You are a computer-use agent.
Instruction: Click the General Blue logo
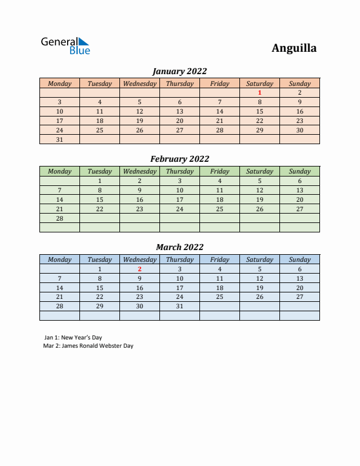65,46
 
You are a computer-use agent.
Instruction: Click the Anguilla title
294,48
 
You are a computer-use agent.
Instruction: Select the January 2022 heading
179,71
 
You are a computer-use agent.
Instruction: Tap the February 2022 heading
179,159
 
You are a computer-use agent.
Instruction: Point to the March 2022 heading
179,247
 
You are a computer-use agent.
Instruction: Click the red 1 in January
259,92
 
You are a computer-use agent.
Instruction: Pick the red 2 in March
139,269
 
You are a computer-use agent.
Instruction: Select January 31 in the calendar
59,139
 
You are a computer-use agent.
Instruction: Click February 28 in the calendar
59,218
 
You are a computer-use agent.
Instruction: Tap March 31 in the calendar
179,307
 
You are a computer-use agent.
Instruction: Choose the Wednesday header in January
139,84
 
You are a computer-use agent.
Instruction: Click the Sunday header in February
299,171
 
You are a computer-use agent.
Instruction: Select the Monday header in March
59,259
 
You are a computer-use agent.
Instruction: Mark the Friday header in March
219,259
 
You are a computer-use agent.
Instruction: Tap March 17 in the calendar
179,288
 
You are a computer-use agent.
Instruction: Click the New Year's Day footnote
73,338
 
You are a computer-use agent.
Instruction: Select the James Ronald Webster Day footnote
88,346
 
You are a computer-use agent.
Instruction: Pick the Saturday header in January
259,84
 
